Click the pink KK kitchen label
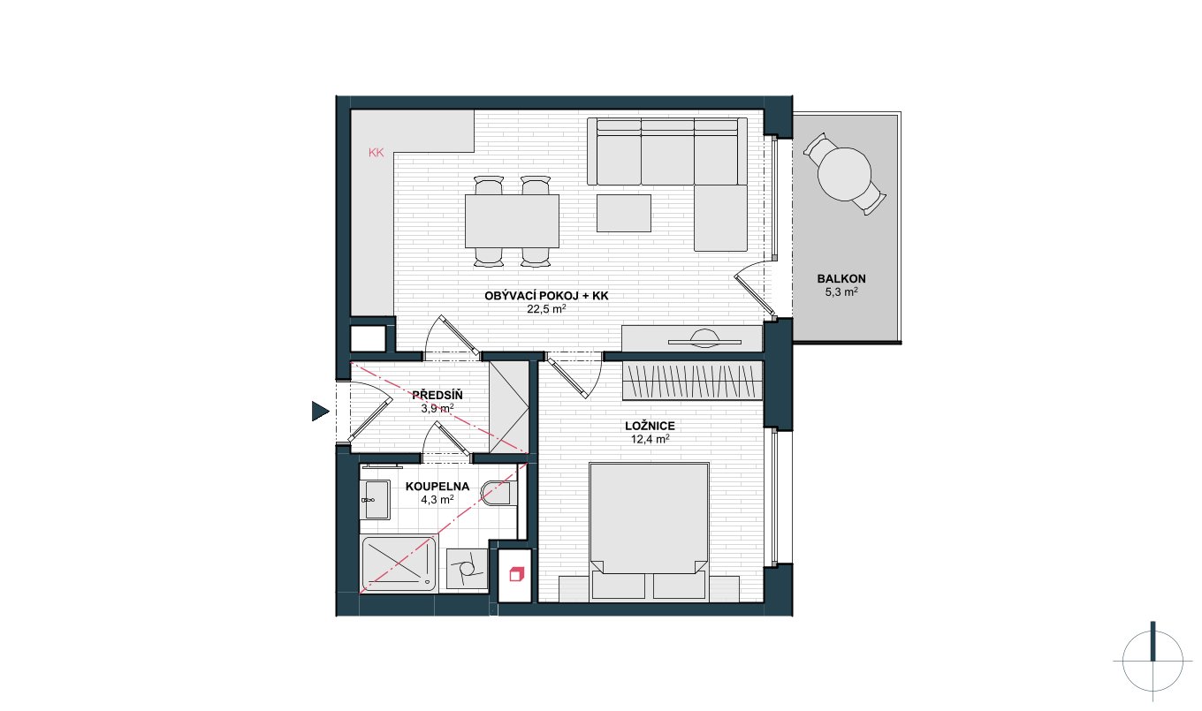pyautogui.click(x=377, y=153)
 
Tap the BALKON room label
pyautogui.click(x=841, y=279)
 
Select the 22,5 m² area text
pyautogui.click(x=546, y=309)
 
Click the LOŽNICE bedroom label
pyautogui.click(x=650, y=427)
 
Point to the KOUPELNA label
pyautogui.click(x=437, y=487)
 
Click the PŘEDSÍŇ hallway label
pyautogui.click(x=437, y=395)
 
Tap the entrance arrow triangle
pyautogui.click(x=320, y=412)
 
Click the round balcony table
pyautogui.click(x=844, y=174)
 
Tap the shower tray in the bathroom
pyautogui.click(x=399, y=564)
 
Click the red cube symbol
pyautogui.click(x=515, y=574)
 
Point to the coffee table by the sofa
pyautogui.click(x=624, y=214)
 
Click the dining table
pyautogui.click(x=512, y=221)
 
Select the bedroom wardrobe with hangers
pyautogui.click(x=692, y=381)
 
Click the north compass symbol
pyautogui.click(x=1153, y=662)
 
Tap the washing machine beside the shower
pyautogui.click(x=467, y=569)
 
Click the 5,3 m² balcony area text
pyautogui.click(x=841, y=292)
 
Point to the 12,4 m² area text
pyautogui.click(x=650, y=440)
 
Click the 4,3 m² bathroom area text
pyautogui.click(x=437, y=500)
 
